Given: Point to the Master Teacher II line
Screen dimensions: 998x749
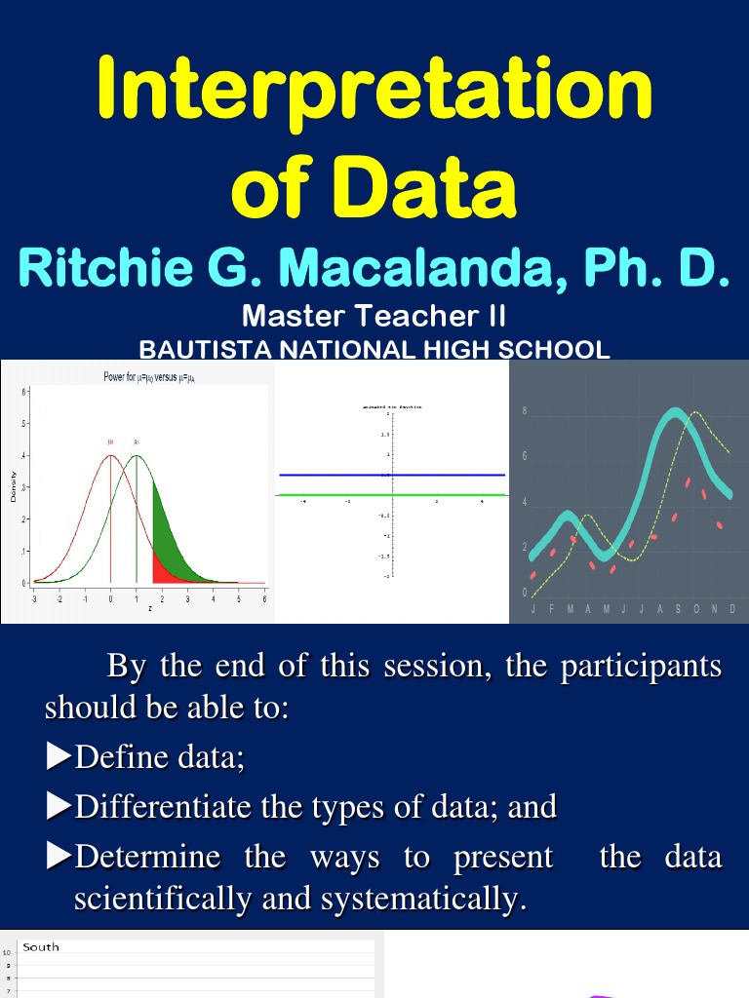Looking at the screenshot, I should point(374,317).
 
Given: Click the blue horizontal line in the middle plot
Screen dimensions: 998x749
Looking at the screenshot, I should point(390,475).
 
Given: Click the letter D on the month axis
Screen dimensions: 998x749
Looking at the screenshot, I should point(732,608).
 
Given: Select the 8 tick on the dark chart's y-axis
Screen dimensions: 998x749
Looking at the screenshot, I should point(525,411).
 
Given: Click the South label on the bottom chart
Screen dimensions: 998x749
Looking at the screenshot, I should point(41,946).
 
